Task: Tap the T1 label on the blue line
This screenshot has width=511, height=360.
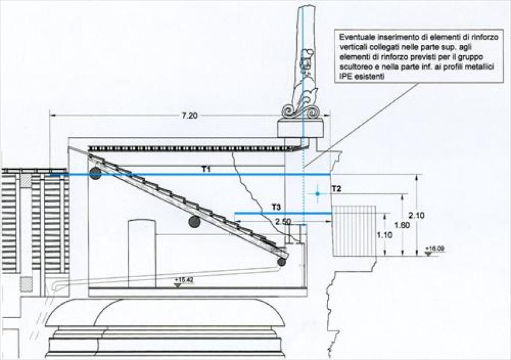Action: point(206,169)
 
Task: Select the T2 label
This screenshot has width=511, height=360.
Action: point(336,189)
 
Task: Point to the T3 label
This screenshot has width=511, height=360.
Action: point(276,207)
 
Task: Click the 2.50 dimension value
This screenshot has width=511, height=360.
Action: point(283,221)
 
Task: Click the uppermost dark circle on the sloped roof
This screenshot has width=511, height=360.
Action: point(95,174)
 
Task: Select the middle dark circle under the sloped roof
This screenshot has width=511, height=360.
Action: point(194,222)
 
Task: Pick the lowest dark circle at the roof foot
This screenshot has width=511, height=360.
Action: point(281,261)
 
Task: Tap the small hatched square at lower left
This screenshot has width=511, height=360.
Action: point(27,283)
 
